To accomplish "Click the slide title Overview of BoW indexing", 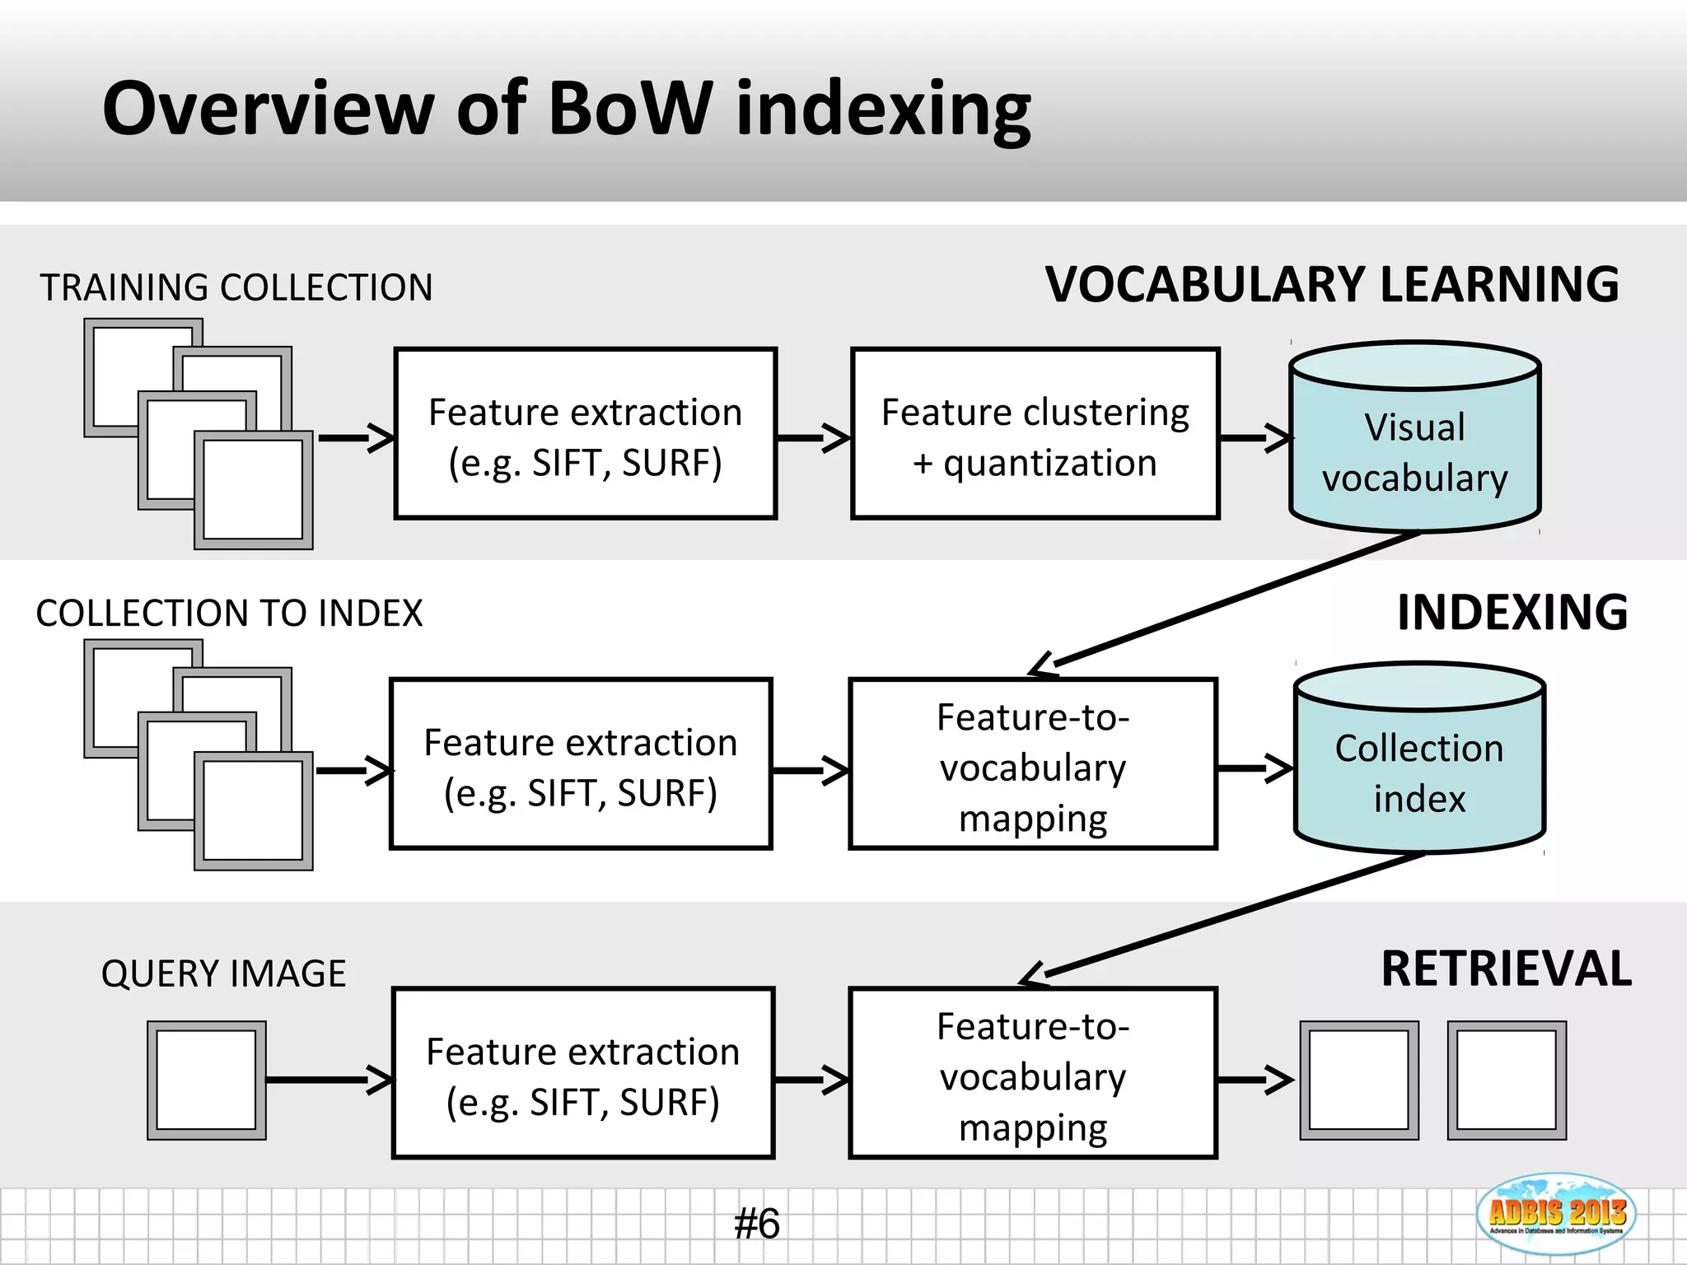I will (x=566, y=109).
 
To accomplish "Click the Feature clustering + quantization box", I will (x=1035, y=434).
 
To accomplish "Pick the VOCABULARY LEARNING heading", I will (x=1331, y=285).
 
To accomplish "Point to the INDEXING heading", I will (x=1512, y=613).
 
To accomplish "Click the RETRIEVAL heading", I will (x=1506, y=969).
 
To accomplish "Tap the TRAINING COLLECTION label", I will (x=236, y=288).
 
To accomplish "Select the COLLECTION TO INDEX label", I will (x=229, y=614).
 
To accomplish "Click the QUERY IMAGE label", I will (x=223, y=973).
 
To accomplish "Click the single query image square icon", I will (x=206, y=1081).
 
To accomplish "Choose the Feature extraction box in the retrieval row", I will (x=582, y=1073).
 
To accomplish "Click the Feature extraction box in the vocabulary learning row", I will (x=585, y=434).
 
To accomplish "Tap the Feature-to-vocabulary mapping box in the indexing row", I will (x=1033, y=764).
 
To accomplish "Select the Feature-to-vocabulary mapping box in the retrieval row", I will (x=1033, y=1073).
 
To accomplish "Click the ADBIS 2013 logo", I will (x=1556, y=1214).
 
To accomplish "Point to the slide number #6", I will (x=756, y=1224).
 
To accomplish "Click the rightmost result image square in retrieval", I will (x=1506, y=1081).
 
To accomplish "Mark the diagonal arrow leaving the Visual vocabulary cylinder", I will (x=1227, y=601).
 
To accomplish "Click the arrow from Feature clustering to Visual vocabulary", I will (x=1255, y=438).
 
